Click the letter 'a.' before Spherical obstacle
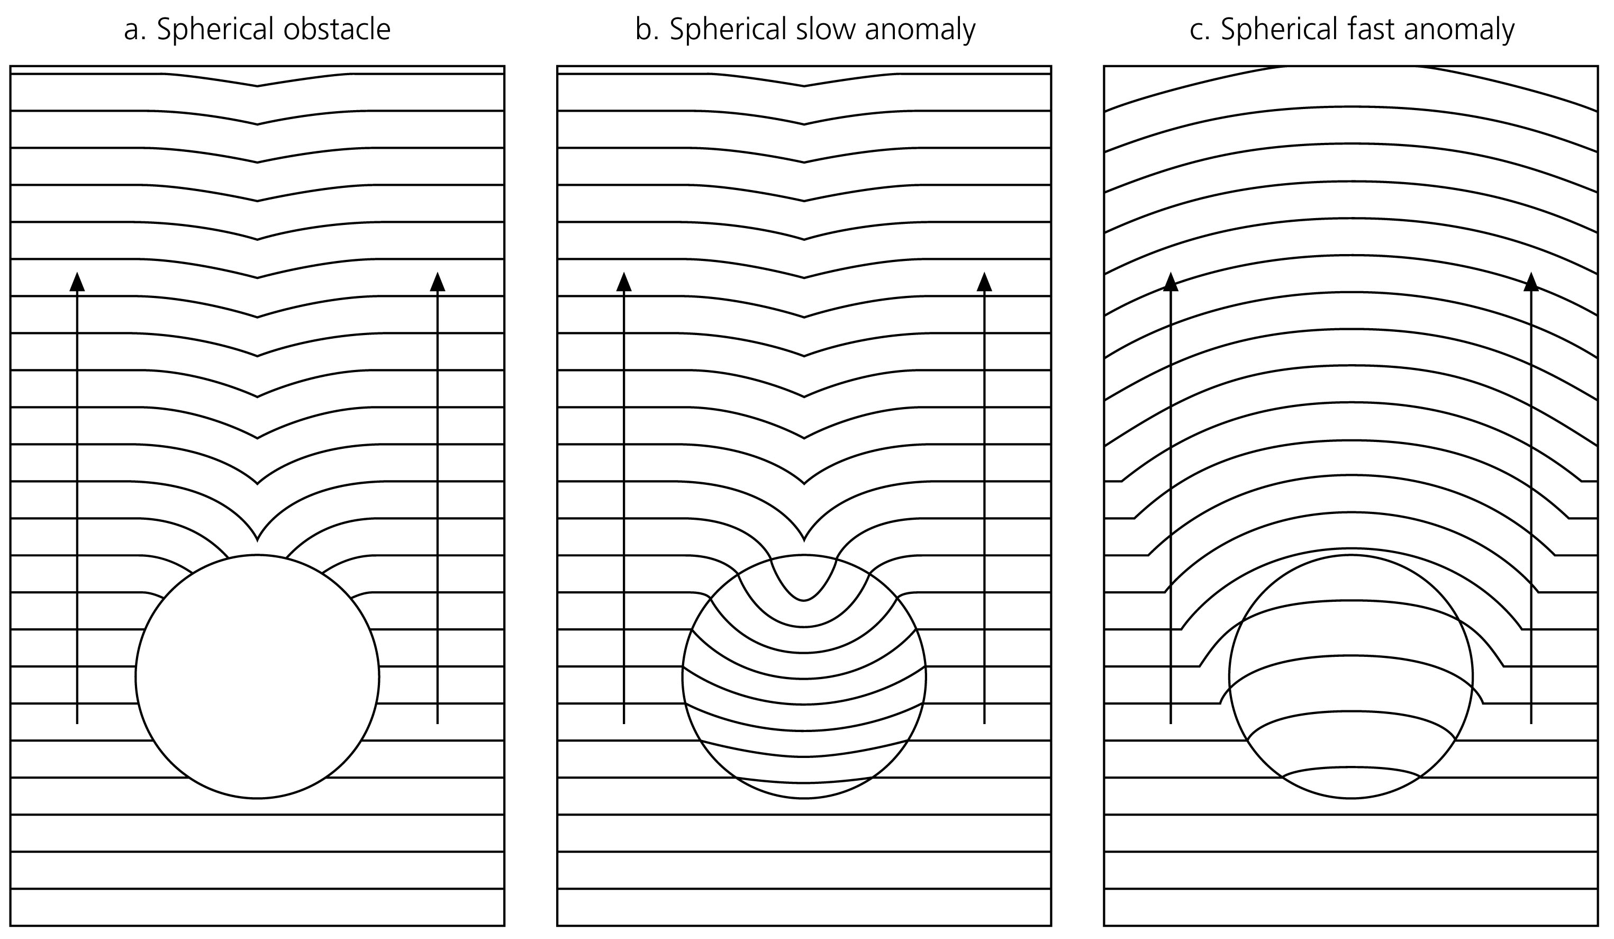pyautogui.click(x=135, y=30)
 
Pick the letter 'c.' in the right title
pyautogui.click(x=1200, y=30)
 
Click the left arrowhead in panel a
pyautogui.click(x=77, y=282)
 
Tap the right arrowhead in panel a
pyautogui.click(x=438, y=282)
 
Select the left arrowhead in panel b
pyautogui.click(x=624, y=282)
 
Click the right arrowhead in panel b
pyautogui.click(x=984, y=282)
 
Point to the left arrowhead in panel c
pyautogui.click(x=1171, y=282)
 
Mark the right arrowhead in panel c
pyautogui.click(x=1531, y=282)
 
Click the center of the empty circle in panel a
pyautogui.click(x=258, y=676)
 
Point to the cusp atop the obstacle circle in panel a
pyautogui.click(x=258, y=539)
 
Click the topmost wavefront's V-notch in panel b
pyautogui.click(x=804, y=86)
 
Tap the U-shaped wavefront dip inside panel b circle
pyautogui.click(x=804, y=600)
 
